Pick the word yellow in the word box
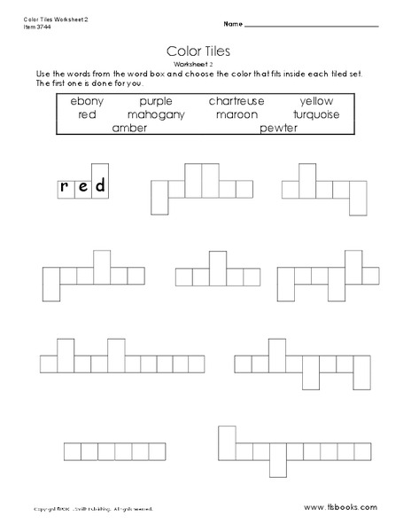317,101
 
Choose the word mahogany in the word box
155,114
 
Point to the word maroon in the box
234,114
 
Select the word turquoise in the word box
315,114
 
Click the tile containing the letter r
65,187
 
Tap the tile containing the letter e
81,187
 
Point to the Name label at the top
233,22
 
